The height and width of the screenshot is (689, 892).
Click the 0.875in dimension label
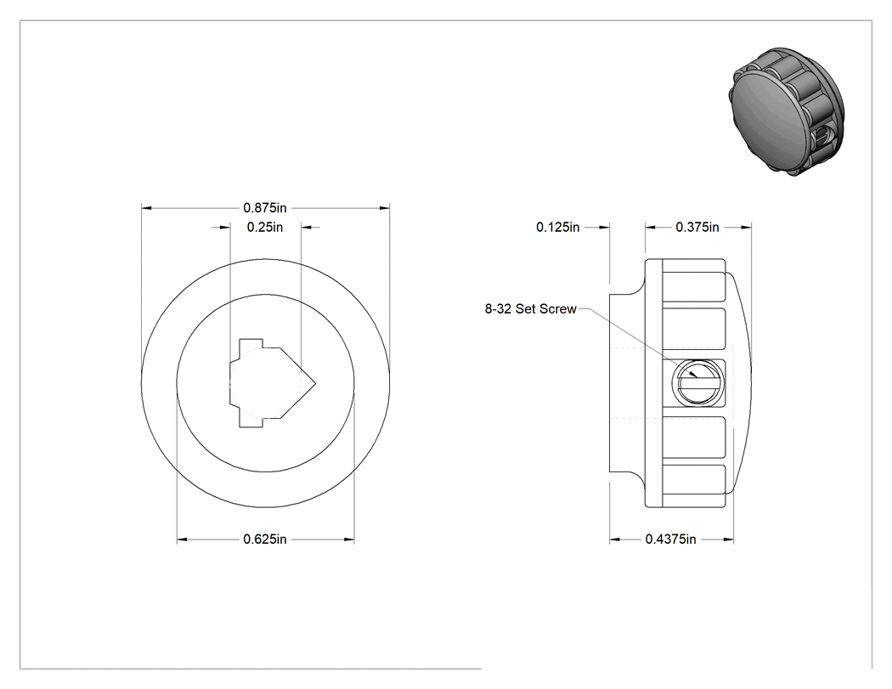[264, 207]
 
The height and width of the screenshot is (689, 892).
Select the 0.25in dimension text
[264, 227]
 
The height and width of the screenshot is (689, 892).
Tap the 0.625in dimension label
[264, 539]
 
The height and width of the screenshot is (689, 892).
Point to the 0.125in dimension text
[557, 227]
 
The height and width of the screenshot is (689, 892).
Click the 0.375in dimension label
[697, 227]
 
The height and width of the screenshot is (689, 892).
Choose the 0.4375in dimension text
[670, 539]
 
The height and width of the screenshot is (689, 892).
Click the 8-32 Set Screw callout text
[530, 309]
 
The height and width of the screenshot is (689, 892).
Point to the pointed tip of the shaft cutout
[315, 382]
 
